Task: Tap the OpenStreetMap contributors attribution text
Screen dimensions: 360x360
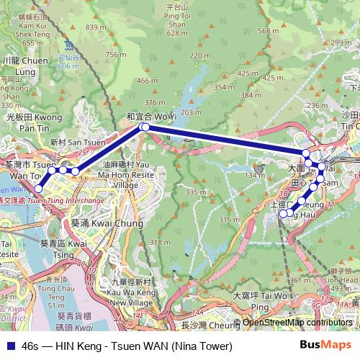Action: click(x=297, y=323)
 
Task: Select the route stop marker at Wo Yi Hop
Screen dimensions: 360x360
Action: click(x=144, y=127)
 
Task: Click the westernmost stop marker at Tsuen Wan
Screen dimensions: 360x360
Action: click(x=38, y=189)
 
